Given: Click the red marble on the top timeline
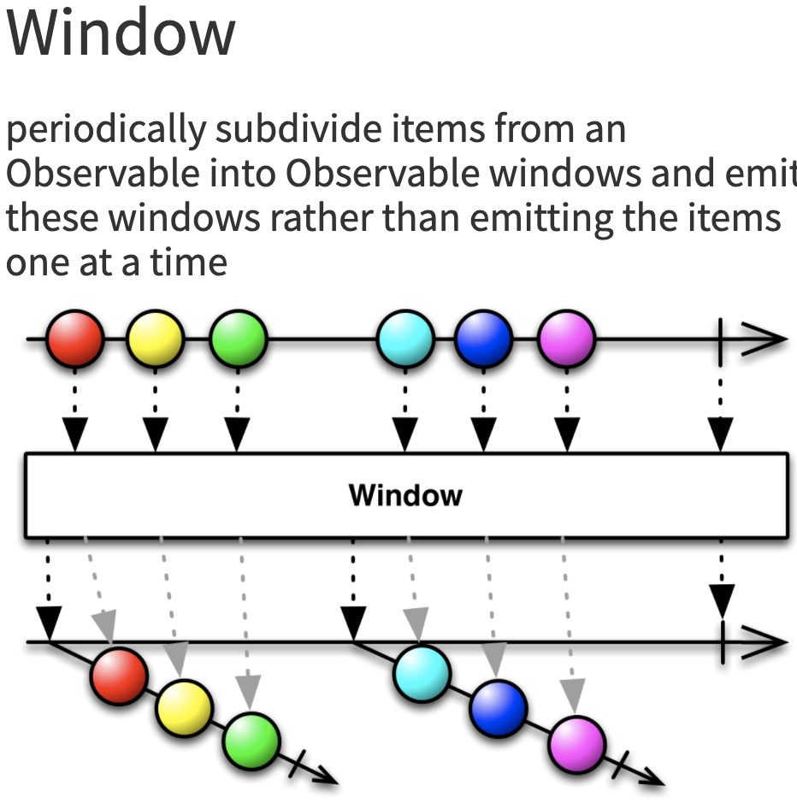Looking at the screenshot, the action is pyautogui.click(x=75, y=339).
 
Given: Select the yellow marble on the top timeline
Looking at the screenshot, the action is pyautogui.click(x=155, y=339).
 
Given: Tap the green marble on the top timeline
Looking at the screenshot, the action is pyautogui.click(x=237, y=339).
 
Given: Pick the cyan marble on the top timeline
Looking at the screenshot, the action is pyautogui.click(x=404, y=339).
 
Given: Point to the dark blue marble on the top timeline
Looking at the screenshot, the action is pyautogui.click(x=483, y=339).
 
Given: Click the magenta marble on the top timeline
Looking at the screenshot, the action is pyautogui.click(x=565, y=339).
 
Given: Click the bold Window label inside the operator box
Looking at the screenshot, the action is pyautogui.click(x=405, y=495).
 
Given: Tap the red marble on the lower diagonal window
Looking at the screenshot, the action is pyautogui.click(x=118, y=676).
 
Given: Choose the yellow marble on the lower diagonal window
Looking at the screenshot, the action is pyautogui.click(x=184, y=708).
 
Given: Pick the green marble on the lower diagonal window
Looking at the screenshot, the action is pyautogui.click(x=251, y=740).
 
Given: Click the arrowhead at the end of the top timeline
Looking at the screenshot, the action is pyautogui.click(x=770, y=339).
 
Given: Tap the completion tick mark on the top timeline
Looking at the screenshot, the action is pyautogui.click(x=721, y=339).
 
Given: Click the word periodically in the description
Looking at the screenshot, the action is pyautogui.click(x=106, y=130).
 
